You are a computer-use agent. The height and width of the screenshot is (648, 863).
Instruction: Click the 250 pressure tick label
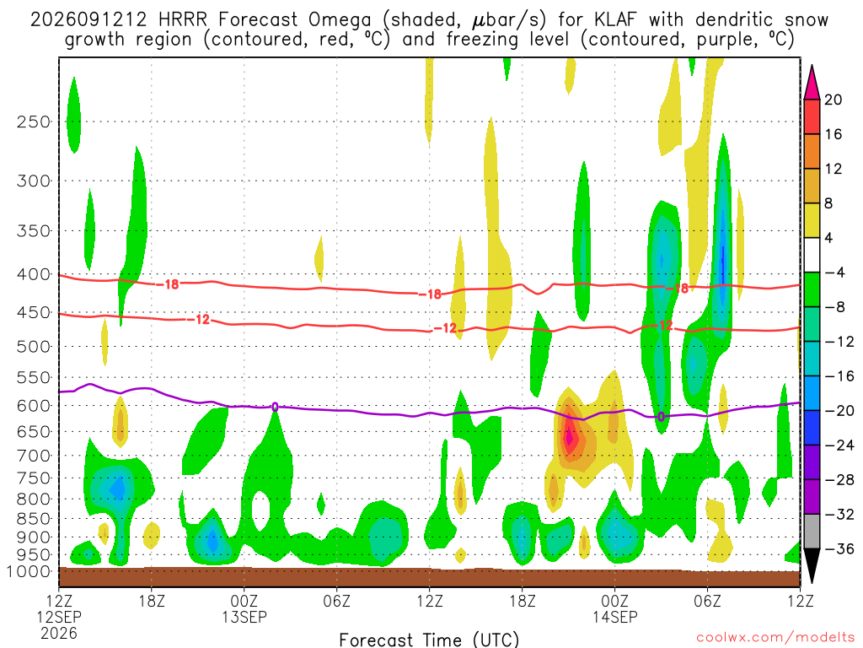[x=33, y=121]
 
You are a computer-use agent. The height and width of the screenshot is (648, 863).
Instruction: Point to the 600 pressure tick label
[x=33, y=406]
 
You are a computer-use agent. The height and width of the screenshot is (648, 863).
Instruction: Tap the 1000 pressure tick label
[x=29, y=571]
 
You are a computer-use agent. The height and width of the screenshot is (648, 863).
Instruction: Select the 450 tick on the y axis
[x=33, y=313]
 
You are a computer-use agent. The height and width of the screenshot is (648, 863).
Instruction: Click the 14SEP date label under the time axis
[x=614, y=617]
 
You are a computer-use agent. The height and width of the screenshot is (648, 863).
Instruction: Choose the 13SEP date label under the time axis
[x=244, y=617]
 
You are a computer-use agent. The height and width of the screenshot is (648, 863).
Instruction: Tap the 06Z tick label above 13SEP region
[x=337, y=601]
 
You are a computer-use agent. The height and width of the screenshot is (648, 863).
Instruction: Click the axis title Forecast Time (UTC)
[x=429, y=640]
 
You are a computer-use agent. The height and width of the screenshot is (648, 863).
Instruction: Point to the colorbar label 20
[x=833, y=100]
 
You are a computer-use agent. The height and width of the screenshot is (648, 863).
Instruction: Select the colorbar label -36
[x=839, y=548]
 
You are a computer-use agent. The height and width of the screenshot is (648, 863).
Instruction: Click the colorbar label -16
[x=839, y=376]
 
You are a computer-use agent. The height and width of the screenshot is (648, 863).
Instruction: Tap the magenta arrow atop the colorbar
[x=812, y=83]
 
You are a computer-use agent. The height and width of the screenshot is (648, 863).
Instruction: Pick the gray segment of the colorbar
[x=812, y=532]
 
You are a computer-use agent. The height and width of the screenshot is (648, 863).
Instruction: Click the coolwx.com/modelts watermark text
[x=775, y=638]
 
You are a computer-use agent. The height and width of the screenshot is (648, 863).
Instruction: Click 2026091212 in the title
[x=88, y=20]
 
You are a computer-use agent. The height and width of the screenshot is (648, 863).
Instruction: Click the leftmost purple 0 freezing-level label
[x=275, y=408]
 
